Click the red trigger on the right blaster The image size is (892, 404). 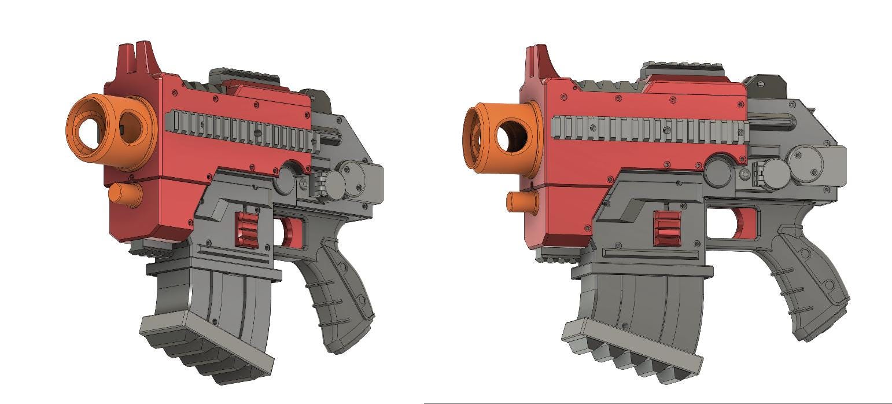coord(743,223)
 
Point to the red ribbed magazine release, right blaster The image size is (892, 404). coord(667,228)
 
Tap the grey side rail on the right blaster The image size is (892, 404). coord(648,130)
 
